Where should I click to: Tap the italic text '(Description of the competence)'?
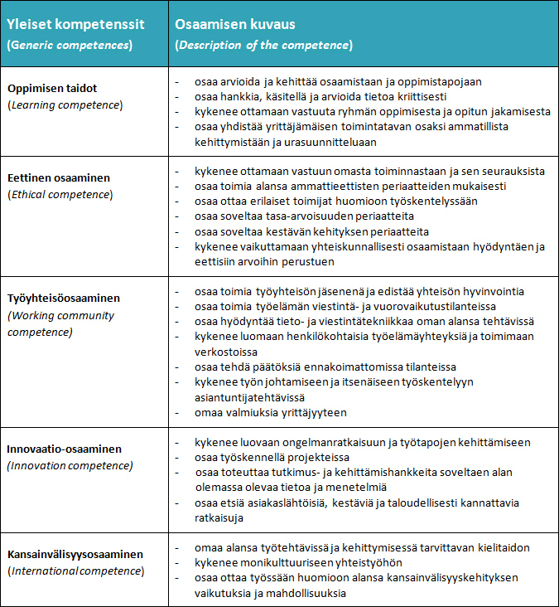[x=263, y=44]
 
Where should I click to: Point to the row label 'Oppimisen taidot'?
[x=52, y=89]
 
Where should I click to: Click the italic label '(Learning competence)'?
[x=65, y=104]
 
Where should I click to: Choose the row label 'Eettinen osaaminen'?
[x=59, y=177]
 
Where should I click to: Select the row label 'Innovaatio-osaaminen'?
[x=65, y=449]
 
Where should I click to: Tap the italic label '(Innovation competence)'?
[x=70, y=465]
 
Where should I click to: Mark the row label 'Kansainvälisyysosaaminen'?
[x=75, y=554]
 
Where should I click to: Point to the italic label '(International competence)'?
[x=76, y=571]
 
